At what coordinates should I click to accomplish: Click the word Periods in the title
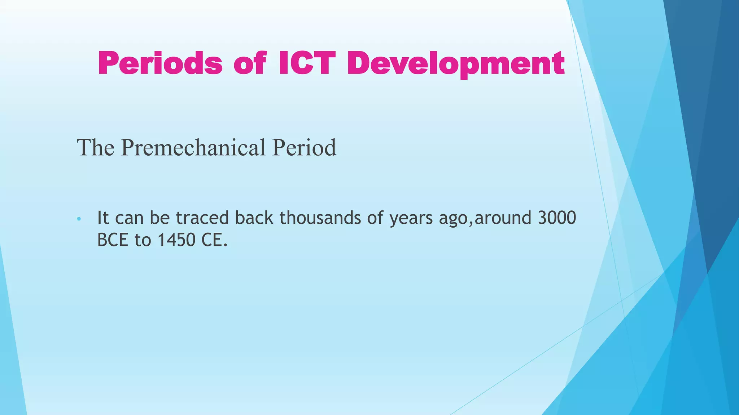[160, 63]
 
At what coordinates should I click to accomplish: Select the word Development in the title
[456, 63]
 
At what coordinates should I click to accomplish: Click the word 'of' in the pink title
[250, 63]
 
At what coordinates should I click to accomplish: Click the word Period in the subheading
[304, 148]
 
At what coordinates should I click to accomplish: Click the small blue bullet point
[79, 219]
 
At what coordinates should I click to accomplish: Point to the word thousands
[320, 218]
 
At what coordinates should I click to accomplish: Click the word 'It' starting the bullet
[103, 218]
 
